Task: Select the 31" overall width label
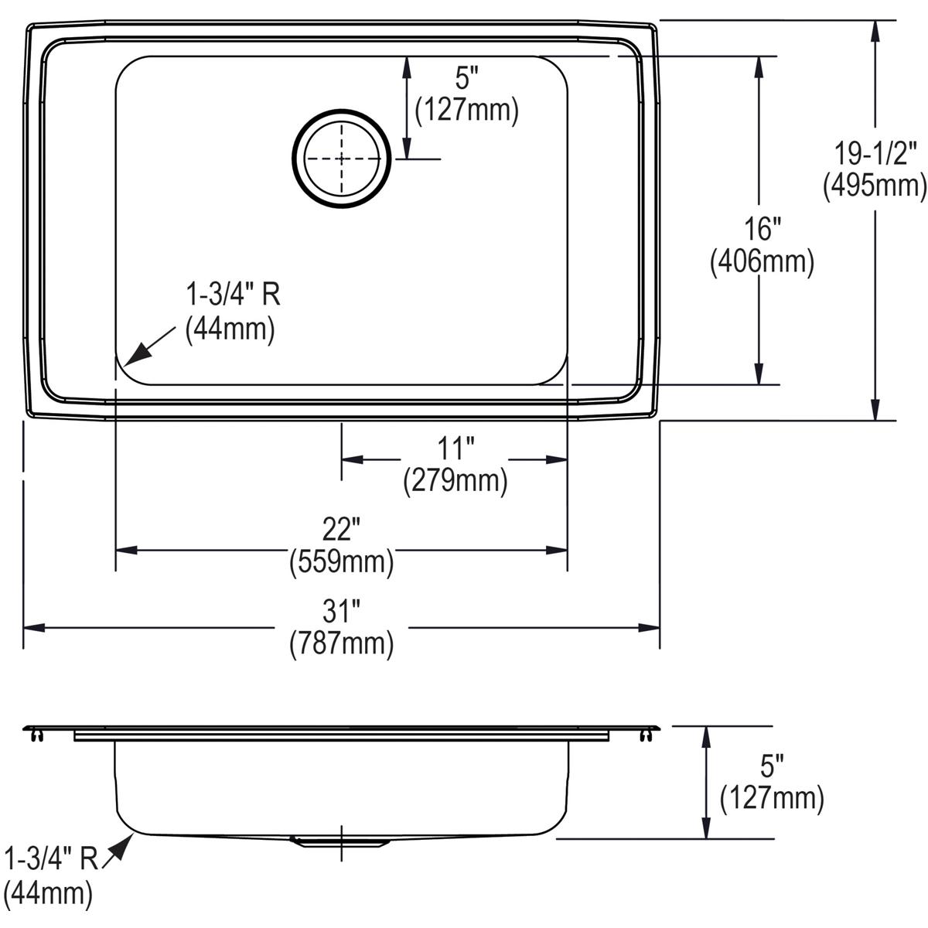342,612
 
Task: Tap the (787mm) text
342,643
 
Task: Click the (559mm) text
342,561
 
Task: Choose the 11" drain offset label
455,449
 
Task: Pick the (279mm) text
455,480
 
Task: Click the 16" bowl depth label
762,230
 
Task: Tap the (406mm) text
762,262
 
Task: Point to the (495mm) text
875,186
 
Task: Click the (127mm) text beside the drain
466,110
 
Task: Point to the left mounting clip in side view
35,736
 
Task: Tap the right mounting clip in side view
647,736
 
